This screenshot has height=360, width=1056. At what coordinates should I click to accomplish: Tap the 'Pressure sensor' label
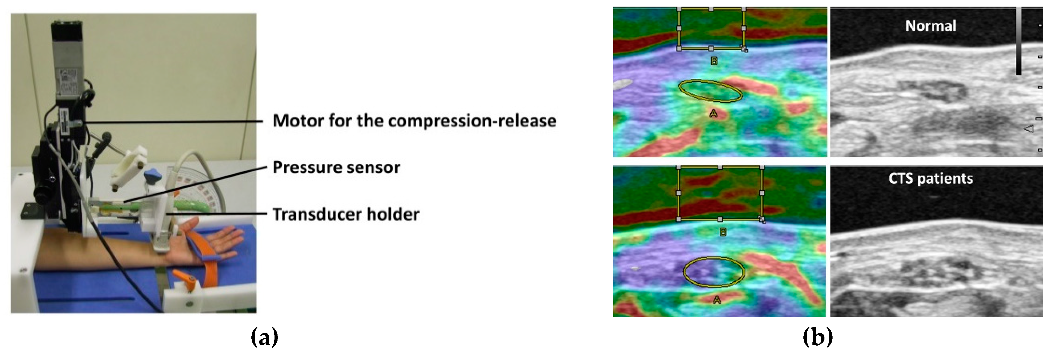click(x=336, y=167)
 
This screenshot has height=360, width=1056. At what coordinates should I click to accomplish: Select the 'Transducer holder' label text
click(x=346, y=214)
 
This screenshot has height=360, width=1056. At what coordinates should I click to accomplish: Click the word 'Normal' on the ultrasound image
click(x=930, y=26)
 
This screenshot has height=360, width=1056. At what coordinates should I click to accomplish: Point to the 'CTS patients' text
click(x=930, y=179)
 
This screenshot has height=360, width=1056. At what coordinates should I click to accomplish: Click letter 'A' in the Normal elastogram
click(x=713, y=113)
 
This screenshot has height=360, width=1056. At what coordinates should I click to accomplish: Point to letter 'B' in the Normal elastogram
click(x=714, y=61)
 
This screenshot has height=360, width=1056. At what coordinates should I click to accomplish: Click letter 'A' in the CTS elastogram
click(x=717, y=300)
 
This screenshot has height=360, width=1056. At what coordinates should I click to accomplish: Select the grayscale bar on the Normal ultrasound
click(x=1019, y=41)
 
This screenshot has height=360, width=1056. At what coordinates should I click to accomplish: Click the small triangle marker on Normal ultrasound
click(x=1029, y=129)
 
